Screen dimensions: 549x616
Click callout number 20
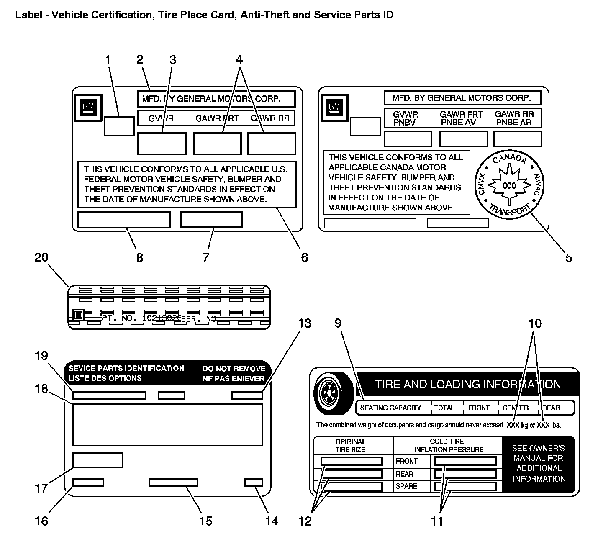tap(41, 258)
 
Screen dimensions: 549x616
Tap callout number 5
tap(568, 258)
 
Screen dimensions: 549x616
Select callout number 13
tap(305, 323)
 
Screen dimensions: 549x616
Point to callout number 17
tap(41, 488)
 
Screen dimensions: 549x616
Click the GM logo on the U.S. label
tap(88, 107)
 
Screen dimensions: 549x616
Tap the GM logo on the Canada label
tap(334, 106)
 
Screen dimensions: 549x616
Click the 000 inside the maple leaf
tap(509, 185)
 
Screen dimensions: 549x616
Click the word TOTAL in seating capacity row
tap(444, 408)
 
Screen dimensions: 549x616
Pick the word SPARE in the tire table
tap(406, 486)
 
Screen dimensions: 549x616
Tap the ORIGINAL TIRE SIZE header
tap(350, 446)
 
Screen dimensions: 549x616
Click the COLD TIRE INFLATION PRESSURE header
tap(448, 446)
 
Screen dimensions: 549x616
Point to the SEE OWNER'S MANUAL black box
tap(539, 463)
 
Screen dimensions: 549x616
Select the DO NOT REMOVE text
tap(234, 369)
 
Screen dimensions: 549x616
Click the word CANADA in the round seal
tap(509, 159)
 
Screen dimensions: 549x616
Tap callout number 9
tap(338, 323)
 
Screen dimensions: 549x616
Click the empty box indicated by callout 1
tap(119, 126)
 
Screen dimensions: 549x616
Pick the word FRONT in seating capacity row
tap(479, 408)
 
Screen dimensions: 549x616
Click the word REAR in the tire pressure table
tap(405, 474)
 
